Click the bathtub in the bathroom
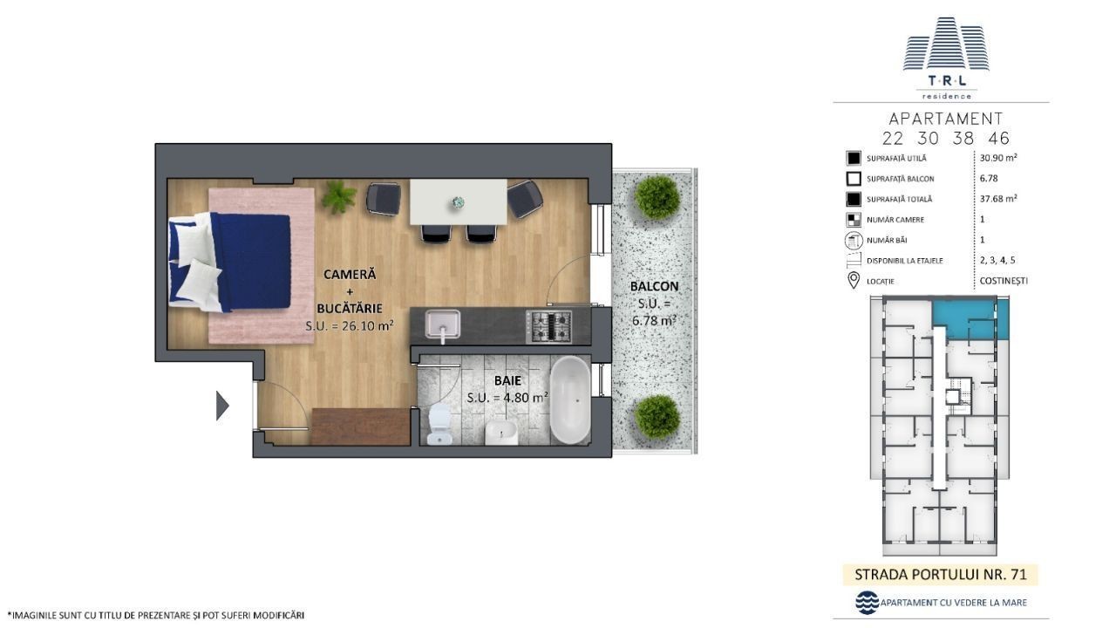pos(570,399)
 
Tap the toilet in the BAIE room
pos(439,424)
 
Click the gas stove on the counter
pos(549,326)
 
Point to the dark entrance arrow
pos(222,406)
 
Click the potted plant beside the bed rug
pos(338,197)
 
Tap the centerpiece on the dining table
pos(458,202)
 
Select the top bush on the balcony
pos(657,197)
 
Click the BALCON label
pos(654,287)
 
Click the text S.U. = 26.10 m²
pos(350,326)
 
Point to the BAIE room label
pos(507,381)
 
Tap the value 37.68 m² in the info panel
pos(998,198)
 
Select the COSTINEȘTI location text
pos(1004,281)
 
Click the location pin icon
pos(854,280)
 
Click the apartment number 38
pos(963,138)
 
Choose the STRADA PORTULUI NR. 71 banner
pos(941,575)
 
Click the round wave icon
pos(867,603)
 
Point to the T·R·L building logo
pos(946,58)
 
